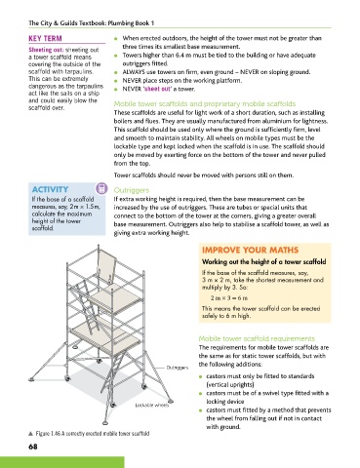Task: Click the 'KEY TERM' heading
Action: pyautogui.click(x=45, y=38)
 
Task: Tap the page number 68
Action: pyautogui.click(x=33, y=447)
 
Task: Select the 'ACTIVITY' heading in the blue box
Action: pyautogui.click(x=50, y=189)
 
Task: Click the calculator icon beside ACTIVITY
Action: pyautogui.click(x=101, y=188)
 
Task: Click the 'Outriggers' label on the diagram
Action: pyautogui.click(x=178, y=368)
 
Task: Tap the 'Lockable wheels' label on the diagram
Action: pyautogui.click(x=152, y=405)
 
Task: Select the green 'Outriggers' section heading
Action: pyautogui.click(x=132, y=190)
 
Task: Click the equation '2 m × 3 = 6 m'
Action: pyautogui.click(x=229, y=297)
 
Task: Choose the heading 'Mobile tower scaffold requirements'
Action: pyautogui.click(x=257, y=338)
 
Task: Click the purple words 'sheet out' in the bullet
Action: pyautogui.click(x=157, y=89)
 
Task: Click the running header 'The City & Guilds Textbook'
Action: pyautogui.click(x=67, y=23)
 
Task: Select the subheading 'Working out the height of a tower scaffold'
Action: pyautogui.click(x=263, y=262)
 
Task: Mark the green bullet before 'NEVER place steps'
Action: pyautogui.click(x=116, y=81)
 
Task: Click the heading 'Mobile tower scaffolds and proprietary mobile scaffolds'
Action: pyautogui.click(x=205, y=103)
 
